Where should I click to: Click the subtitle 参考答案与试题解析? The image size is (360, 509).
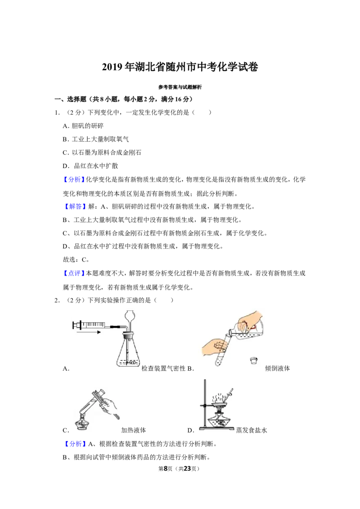point(180,87)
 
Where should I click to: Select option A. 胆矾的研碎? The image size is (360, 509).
point(83,126)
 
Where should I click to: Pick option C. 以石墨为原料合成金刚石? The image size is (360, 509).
point(102,152)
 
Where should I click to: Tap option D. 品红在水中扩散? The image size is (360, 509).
point(90,166)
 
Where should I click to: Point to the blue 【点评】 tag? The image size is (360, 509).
point(74,273)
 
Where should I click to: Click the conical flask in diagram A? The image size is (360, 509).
point(129,351)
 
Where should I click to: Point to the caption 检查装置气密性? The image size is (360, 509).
point(163,368)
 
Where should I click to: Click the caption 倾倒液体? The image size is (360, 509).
point(278,368)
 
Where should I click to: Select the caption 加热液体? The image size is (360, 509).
point(134,430)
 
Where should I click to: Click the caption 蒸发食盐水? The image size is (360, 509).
point(252,430)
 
